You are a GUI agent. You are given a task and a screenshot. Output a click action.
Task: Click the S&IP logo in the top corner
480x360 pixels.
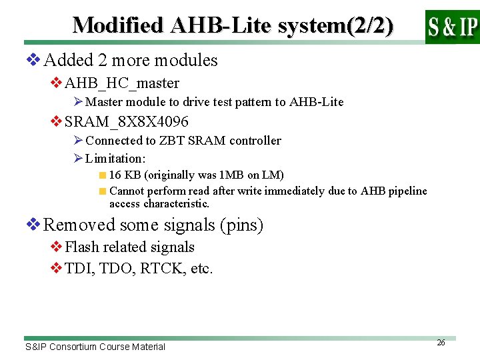click(x=452, y=27)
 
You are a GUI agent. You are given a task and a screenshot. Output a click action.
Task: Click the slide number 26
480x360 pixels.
click(x=441, y=342)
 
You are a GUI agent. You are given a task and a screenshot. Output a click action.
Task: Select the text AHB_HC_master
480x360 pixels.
click(x=122, y=83)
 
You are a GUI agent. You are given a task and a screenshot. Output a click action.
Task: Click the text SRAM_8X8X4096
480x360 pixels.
click(x=127, y=122)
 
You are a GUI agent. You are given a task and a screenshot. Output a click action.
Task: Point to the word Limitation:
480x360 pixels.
click(x=115, y=159)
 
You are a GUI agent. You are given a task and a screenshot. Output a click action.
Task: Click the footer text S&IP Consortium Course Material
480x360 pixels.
click(x=95, y=347)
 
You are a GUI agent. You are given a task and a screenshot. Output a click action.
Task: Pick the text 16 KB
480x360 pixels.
click(x=125, y=175)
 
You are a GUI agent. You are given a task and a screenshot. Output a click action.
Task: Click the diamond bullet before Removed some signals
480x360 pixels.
click(x=33, y=225)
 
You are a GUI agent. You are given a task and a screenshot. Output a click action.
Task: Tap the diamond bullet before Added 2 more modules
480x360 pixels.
click(x=33, y=60)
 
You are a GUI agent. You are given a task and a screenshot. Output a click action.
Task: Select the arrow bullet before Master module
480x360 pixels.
click(x=78, y=102)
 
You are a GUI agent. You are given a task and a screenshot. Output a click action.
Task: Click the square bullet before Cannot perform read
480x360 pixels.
click(x=102, y=191)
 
